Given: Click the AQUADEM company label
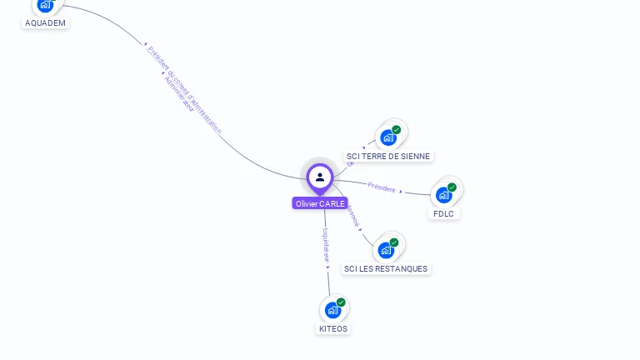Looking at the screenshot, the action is click(45, 23).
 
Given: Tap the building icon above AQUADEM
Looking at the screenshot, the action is click(45, 5).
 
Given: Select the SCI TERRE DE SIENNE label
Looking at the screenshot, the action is click(388, 157).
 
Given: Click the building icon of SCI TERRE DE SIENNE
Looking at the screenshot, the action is click(387, 137).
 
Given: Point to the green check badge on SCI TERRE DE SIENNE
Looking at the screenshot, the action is click(397, 129).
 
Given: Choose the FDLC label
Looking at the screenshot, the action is click(442, 214).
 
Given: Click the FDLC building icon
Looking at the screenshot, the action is click(443, 195).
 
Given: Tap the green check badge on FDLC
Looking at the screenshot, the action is click(452, 187).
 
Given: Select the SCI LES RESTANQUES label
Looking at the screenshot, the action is click(386, 269).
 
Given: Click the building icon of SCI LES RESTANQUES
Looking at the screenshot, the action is click(385, 250).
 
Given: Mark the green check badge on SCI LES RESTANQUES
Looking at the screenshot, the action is click(394, 242).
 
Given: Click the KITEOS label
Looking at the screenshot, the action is click(333, 329).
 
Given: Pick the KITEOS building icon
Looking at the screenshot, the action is click(332, 310).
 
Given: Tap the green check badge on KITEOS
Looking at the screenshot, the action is click(341, 302).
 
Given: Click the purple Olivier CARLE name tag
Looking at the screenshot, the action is click(320, 203).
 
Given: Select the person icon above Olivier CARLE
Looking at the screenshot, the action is click(320, 177).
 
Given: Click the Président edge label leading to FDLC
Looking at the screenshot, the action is click(382, 187).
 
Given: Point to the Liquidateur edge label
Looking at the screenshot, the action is click(327, 247).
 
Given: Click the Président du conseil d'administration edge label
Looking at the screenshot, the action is click(185, 90).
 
